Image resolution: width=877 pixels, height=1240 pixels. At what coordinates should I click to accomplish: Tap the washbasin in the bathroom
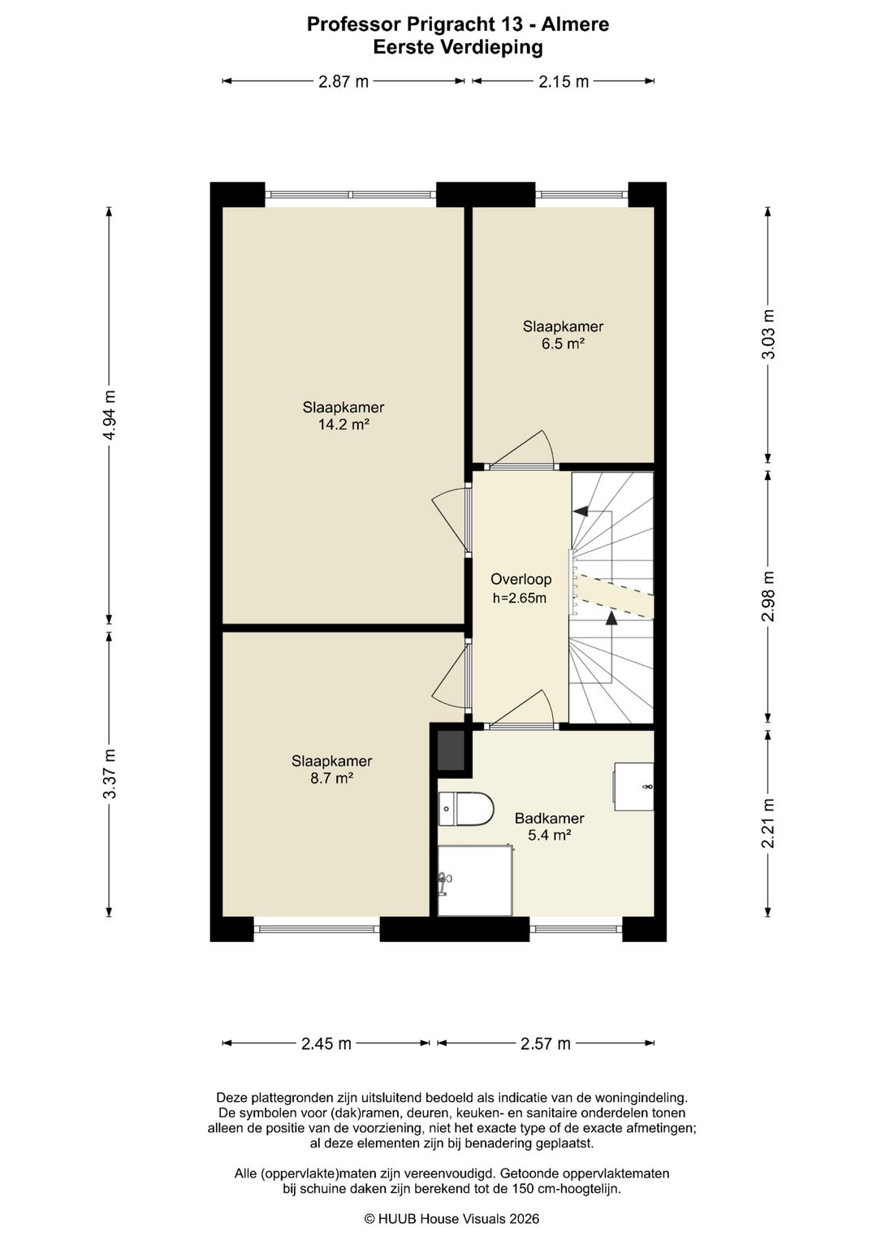[x=633, y=787]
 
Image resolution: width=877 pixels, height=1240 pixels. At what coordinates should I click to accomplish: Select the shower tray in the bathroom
[x=475, y=880]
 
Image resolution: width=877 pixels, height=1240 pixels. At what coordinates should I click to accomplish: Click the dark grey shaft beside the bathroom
[x=451, y=750]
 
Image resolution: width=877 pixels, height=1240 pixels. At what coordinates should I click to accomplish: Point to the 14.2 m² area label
[x=343, y=425]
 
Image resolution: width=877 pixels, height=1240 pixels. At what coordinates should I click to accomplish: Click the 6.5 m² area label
[x=563, y=343]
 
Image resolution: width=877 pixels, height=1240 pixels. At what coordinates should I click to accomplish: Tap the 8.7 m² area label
[x=331, y=778]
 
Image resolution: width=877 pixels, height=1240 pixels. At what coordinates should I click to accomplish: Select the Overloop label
[x=521, y=580]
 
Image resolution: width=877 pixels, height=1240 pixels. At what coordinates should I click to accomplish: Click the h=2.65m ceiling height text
[x=520, y=598]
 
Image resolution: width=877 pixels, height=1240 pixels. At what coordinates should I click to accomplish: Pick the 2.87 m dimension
[x=343, y=81]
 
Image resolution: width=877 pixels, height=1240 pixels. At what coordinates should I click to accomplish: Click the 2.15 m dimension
[x=563, y=81]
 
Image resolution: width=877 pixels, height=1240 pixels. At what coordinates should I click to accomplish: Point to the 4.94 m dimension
[x=110, y=415]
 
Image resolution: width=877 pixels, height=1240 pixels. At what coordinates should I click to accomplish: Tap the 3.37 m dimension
[x=110, y=774]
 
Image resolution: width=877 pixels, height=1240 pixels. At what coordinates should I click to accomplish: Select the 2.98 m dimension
[x=768, y=597]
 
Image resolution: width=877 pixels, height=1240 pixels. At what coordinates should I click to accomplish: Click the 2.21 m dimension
[x=768, y=823]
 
